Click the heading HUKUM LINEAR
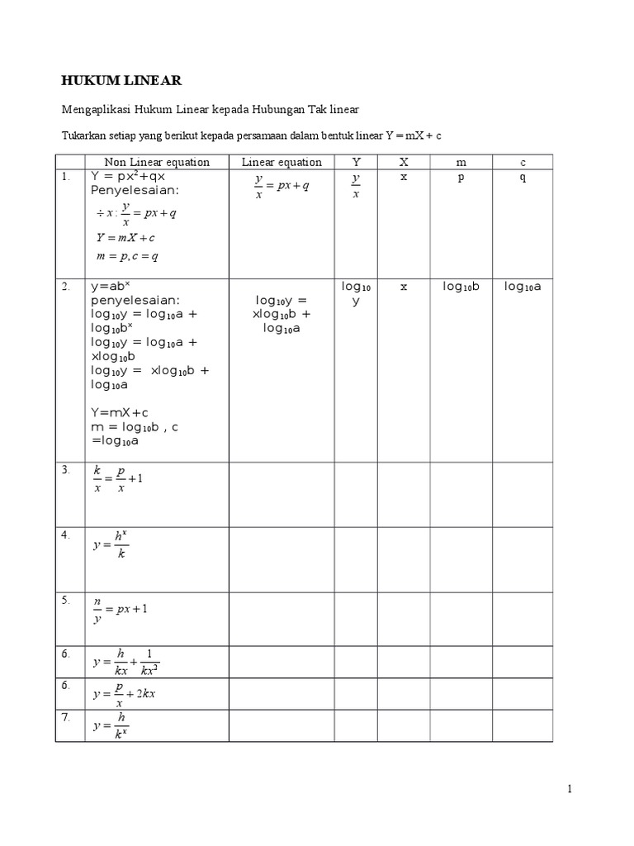tap(121, 80)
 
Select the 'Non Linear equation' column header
tap(157, 162)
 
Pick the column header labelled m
tap(461, 162)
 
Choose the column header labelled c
tap(523, 162)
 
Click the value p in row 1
tap(461, 177)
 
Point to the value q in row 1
tap(523, 177)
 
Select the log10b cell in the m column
tap(461, 287)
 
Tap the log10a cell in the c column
tap(523, 287)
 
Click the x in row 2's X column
tap(404, 287)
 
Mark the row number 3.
tap(65, 469)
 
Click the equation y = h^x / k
tap(111, 546)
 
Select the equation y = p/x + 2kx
tap(124, 694)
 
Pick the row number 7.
tap(65, 717)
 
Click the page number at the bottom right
tap(570, 789)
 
